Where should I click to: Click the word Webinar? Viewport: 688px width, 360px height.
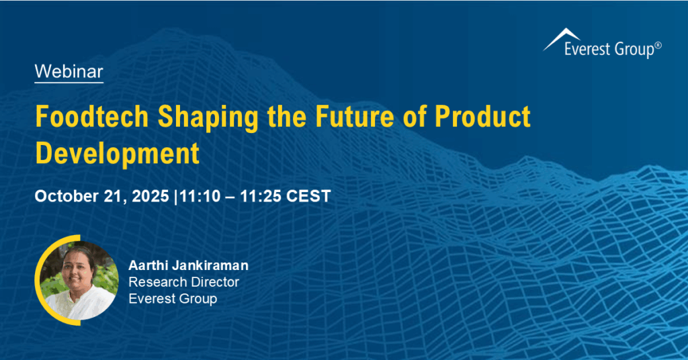pos(69,71)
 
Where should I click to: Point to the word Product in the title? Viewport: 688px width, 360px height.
pos(483,117)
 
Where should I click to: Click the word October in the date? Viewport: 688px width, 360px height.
pos(64,196)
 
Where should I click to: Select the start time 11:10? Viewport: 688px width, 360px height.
pos(197,196)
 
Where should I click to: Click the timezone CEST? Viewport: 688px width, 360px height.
pos(308,196)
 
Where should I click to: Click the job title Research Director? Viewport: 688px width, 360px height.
pos(183,282)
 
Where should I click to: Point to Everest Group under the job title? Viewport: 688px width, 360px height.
pos(173,299)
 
